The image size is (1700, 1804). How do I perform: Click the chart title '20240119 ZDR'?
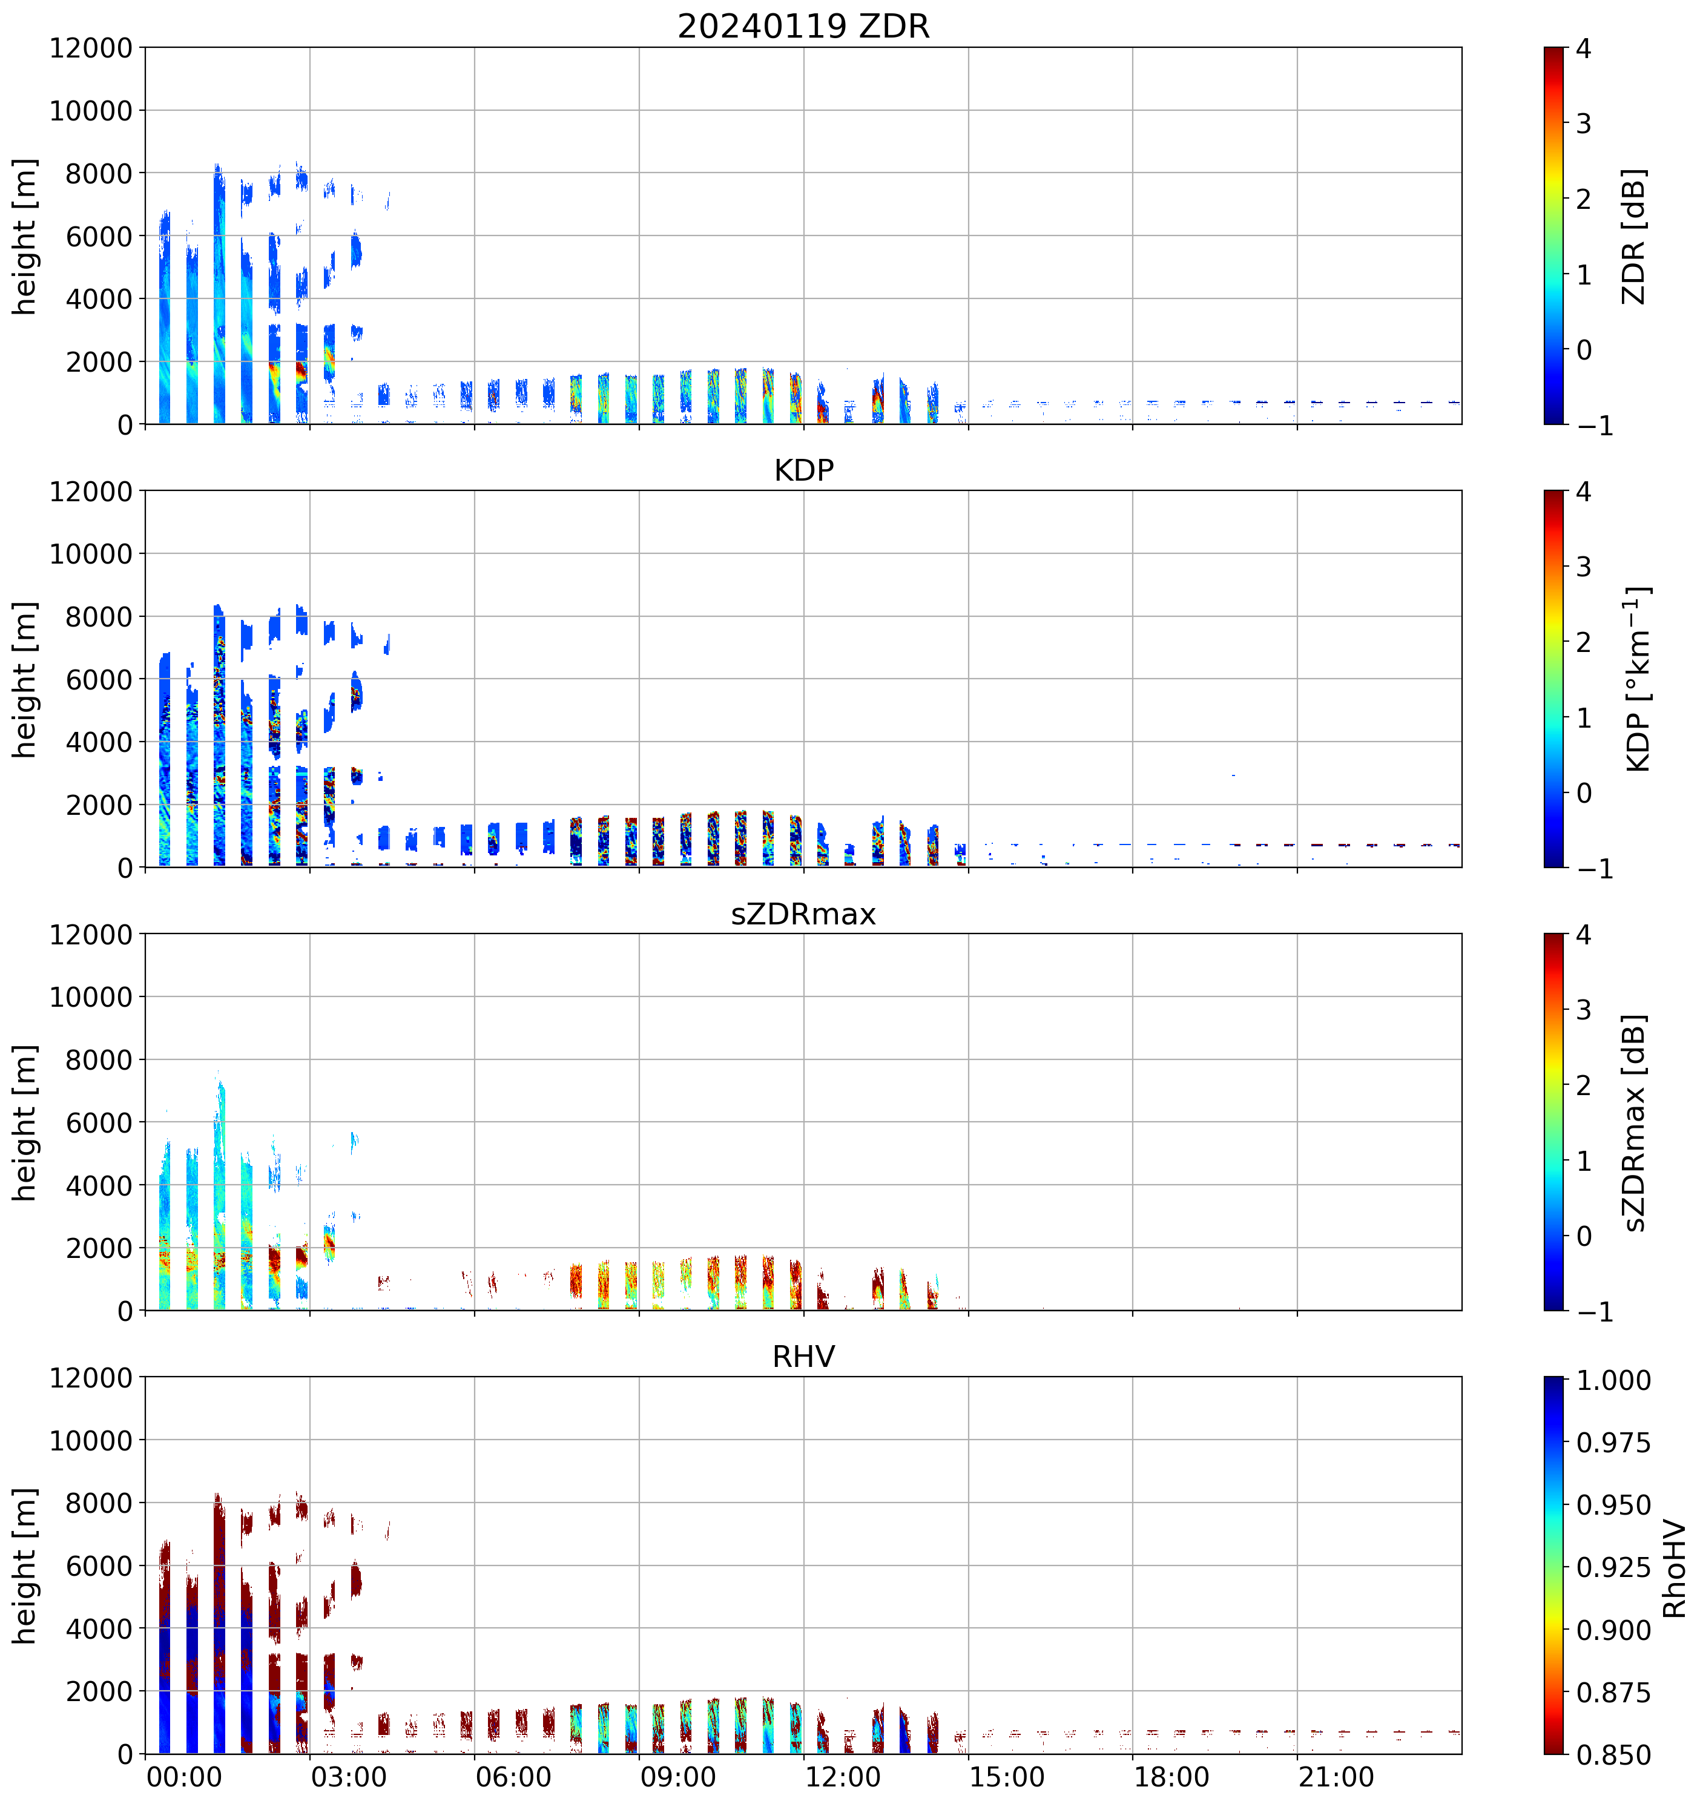click(x=803, y=26)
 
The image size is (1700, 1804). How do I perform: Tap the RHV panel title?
click(x=803, y=1357)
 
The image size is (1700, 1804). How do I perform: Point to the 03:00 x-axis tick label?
click(x=349, y=1777)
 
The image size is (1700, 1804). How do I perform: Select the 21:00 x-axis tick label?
click(x=1336, y=1777)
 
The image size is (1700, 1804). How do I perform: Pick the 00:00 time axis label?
click(x=184, y=1777)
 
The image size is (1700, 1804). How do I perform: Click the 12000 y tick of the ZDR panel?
click(x=91, y=48)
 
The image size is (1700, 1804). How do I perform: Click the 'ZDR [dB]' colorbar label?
click(x=1634, y=236)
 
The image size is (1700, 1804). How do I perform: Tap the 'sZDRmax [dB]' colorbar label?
click(x=1634, y=1122)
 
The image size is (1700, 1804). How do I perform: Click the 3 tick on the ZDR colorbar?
click(x=1584, y=123)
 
